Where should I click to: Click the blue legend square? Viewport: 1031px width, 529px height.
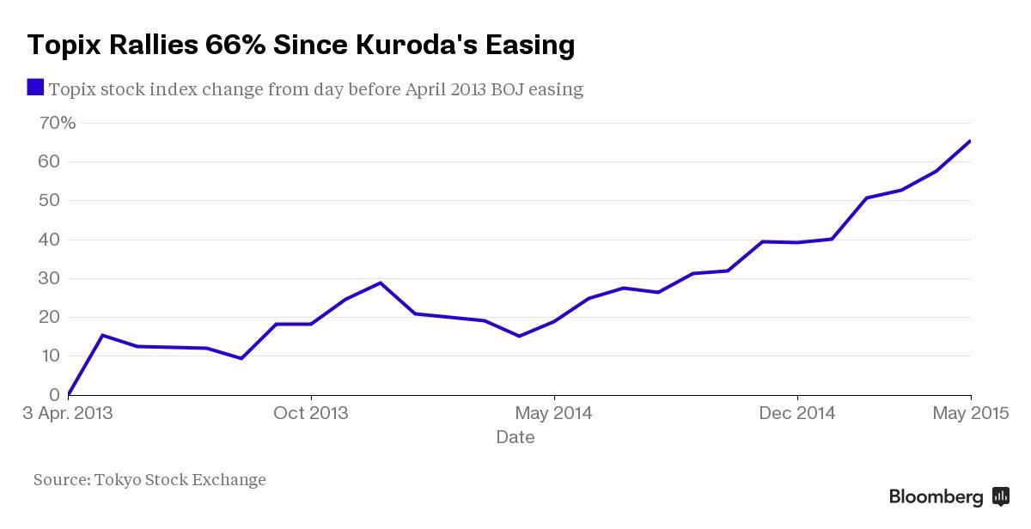[x=35, y=87]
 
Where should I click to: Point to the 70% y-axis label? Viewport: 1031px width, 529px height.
[x=58, y=123]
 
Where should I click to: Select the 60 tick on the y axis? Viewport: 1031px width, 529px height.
[x=49, y=161]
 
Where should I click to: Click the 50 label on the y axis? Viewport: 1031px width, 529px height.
[x=49, y=200]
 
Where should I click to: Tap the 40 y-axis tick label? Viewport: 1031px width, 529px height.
[x=49, y=240]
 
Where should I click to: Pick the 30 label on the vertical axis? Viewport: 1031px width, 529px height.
[x=49, y=278]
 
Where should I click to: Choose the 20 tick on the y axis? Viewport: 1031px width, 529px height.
[x=49, y=317]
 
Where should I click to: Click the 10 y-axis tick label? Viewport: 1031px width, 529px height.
[x=49, y=356]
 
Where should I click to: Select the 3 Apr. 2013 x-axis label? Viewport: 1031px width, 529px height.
[x=68, y=413]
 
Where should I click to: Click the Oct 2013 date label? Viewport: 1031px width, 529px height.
[x=311, y=413]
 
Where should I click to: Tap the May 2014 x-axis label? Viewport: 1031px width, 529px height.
[x=554, y=413]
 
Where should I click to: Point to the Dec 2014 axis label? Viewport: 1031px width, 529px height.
[x=797, y=413]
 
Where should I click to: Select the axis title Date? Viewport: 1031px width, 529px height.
[x=515, y=437]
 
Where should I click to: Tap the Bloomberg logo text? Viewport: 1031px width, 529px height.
[x=936, y=496]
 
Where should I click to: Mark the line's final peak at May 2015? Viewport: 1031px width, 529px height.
[x=970, y=141]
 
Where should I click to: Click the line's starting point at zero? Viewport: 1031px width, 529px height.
[x=69, y=394]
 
